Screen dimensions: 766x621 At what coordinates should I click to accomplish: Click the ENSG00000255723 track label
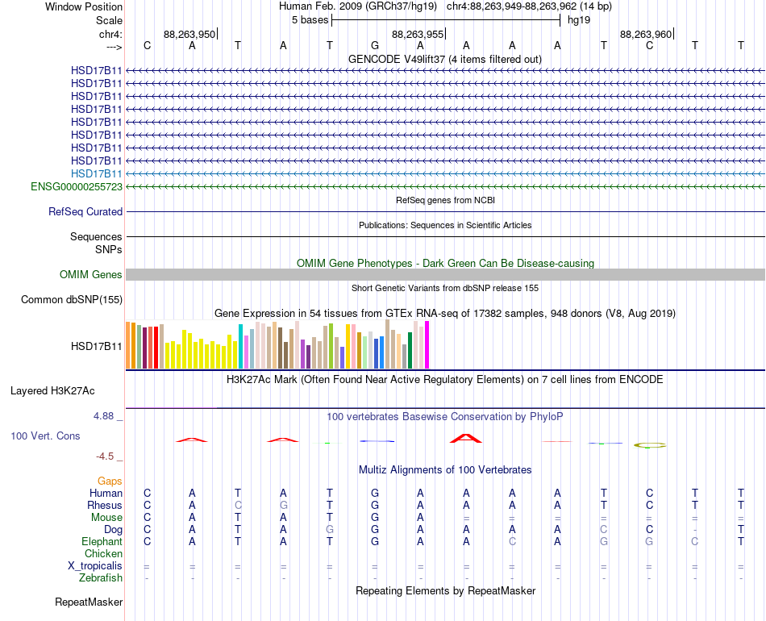click(77, 186)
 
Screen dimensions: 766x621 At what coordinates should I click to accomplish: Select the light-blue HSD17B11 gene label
click(96, 173)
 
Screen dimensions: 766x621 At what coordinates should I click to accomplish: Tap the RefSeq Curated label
click(85, 211)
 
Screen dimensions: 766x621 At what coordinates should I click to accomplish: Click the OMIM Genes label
click(91, 274)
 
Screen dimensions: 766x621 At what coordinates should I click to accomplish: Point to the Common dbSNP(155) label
click(72, 299)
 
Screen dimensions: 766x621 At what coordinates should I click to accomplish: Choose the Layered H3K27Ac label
click(52, 391)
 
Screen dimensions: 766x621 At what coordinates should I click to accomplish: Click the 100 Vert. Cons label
click(45, 436)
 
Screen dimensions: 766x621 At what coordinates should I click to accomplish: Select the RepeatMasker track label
click(89, 602)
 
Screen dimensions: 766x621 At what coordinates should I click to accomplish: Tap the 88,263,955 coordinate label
click(418, 34)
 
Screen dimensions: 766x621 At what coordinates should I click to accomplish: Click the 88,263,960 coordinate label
click(646, 34)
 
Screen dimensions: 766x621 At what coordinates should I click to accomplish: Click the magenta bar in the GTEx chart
click(427, 344)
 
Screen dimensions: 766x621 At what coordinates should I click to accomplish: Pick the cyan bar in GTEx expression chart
click(240, 346)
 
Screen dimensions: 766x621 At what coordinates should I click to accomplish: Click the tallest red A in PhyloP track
click(466, 438)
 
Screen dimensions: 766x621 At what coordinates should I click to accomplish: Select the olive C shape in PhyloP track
click(650, 445)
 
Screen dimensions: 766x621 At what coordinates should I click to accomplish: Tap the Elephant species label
click(102, 541)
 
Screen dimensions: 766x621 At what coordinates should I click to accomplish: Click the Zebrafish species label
click(101, 577)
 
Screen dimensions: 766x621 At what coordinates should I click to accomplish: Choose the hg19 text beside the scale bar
click(579, 20)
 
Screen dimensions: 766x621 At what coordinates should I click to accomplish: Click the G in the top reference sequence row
click(375, 45)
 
